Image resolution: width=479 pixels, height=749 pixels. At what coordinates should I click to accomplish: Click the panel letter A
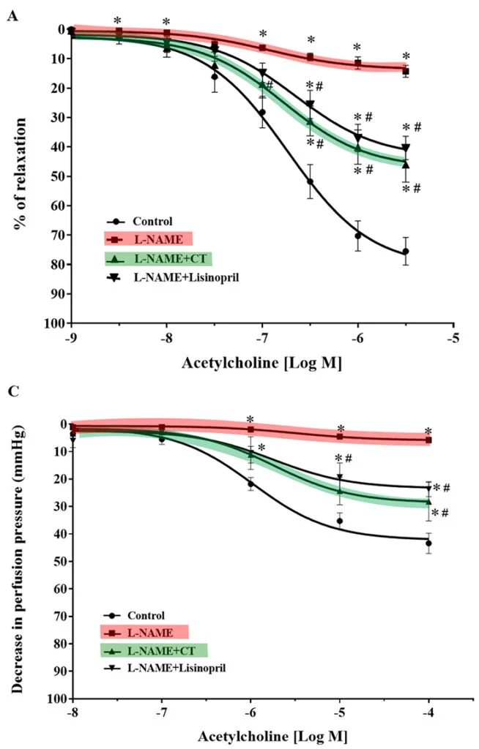point(12,15)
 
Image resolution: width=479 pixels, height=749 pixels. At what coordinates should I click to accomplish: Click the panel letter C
point(12,391)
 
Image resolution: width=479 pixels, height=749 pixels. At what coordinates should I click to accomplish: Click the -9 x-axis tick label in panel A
point(71,338)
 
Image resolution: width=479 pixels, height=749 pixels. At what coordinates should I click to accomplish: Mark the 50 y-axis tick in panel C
point(59,561)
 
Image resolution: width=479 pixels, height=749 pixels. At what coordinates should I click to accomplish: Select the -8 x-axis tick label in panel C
point(73,713)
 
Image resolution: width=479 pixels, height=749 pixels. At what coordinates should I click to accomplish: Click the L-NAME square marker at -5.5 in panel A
point(405,71)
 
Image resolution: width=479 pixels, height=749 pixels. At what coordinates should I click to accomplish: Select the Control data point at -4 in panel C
point(428,543)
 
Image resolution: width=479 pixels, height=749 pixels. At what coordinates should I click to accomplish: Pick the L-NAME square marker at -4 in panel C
point(428,440)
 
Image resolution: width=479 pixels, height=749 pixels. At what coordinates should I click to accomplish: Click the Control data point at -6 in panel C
point(250,484)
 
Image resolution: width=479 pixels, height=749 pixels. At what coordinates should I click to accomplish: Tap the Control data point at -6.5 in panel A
point(310,181)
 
